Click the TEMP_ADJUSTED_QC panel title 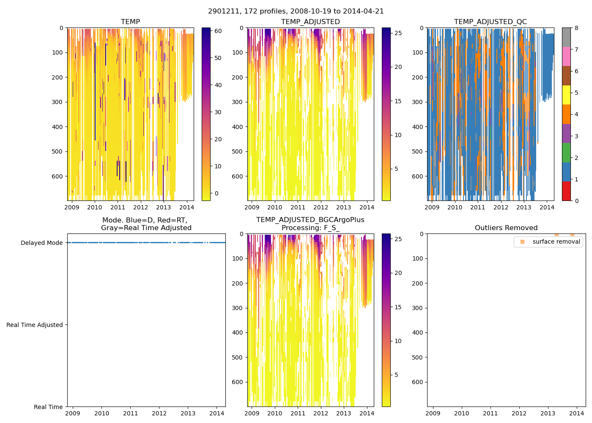[490, 22]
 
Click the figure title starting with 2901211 [296, 11]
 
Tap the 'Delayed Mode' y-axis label [41, 243]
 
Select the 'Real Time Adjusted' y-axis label [35, 325]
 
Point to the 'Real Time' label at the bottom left [48, 407]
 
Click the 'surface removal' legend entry [556, 242]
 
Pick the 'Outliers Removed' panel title [506, 228]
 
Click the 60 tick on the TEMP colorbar [218, 31]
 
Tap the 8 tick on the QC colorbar [576, 28]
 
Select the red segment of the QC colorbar [566, 191]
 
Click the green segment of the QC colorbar [566, 153]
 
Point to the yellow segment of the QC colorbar [566, 95]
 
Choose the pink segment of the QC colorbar [566, 56]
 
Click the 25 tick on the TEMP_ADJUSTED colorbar [398, 33]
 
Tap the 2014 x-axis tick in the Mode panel [217, 413]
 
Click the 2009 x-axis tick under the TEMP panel [72, 207]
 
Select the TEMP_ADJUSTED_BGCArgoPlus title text [310, 220]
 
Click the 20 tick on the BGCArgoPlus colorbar [398, 273]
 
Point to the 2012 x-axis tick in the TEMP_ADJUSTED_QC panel [501, 207]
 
